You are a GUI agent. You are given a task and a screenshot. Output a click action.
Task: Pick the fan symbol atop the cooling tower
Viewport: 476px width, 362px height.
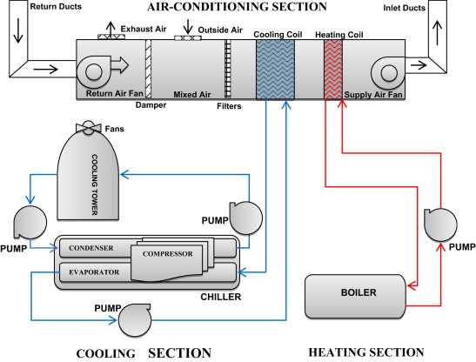(x=88, y=129)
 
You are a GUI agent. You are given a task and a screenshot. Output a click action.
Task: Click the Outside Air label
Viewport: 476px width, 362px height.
(x=218, y=30)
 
